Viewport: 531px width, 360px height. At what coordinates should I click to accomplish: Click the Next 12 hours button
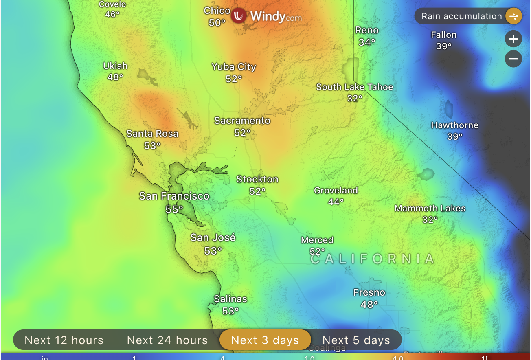64,340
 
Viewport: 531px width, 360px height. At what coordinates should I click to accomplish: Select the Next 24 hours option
167,340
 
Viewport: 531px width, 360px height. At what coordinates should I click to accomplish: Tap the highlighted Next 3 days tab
265,340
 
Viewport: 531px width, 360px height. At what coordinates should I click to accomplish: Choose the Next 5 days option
356,340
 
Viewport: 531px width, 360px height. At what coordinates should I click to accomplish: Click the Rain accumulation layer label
461,16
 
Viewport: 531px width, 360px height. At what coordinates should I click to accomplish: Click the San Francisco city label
174,196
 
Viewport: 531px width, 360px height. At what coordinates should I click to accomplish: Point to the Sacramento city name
242,121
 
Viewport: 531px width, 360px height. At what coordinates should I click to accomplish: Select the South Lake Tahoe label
355,87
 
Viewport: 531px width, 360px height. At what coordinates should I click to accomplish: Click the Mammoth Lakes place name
430,209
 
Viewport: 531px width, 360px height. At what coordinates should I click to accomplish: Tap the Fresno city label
369,292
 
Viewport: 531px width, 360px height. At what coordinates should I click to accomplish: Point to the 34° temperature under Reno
367,42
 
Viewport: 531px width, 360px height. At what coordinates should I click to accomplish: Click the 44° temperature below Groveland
336,202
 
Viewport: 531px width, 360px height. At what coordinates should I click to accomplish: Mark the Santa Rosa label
152,134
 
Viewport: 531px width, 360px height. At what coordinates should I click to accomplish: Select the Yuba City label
234,67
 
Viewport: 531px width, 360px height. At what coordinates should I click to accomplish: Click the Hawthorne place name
455,125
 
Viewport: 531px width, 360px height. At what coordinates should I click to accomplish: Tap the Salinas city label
230,299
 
